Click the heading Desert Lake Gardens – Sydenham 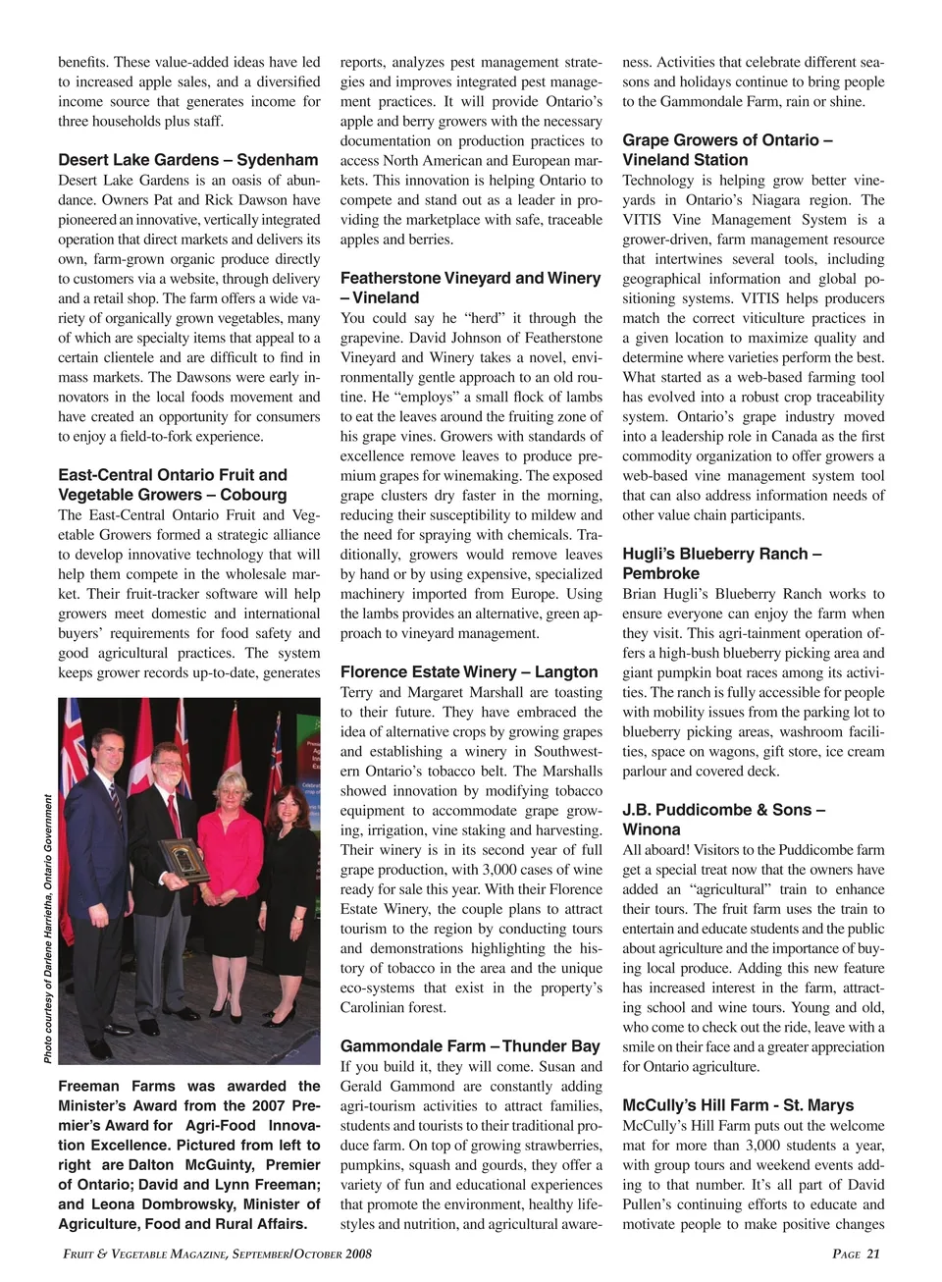[188, 160]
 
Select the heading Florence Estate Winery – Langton [469, 672]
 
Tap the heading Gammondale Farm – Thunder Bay [470, 1046]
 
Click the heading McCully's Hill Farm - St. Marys [738, 1105]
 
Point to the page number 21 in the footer [872, 1254]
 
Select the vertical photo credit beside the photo [48, 929]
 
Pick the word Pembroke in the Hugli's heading [661, 573]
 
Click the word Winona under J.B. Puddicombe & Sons [652, 829]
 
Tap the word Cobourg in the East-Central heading [253, 495]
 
